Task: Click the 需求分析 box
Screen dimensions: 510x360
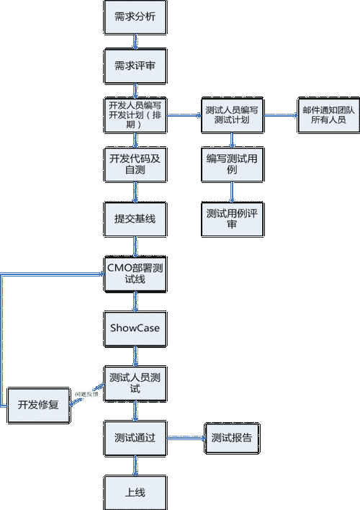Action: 135,17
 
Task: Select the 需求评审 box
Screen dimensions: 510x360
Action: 135,65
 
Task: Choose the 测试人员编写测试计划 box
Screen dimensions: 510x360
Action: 232,115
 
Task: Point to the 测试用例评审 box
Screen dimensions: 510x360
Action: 232,218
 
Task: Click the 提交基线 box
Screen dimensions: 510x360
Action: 135,218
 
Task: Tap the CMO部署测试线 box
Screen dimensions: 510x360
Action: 135,272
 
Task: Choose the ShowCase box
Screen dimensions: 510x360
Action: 135,328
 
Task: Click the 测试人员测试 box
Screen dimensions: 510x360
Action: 135,382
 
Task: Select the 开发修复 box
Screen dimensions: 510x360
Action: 37,405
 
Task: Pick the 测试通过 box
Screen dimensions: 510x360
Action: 135,437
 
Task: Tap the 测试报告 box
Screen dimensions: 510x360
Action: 232,437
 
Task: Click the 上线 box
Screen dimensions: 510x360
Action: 135,493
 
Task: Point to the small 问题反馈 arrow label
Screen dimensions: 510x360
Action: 86,395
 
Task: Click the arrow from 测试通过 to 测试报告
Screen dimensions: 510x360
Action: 186,437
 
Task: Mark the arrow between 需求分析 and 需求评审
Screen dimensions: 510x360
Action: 135,41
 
